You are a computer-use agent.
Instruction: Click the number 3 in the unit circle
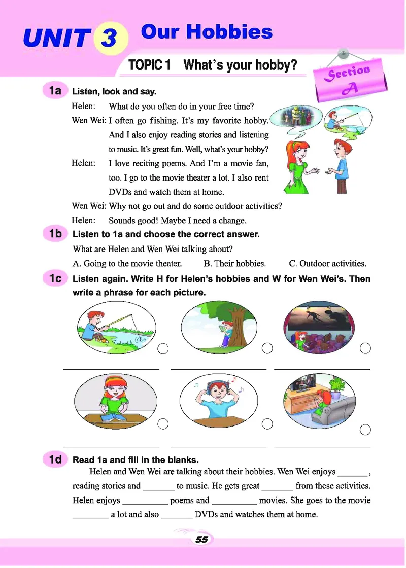(x=109, y=38)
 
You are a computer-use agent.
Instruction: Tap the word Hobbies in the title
(x=229, y=32)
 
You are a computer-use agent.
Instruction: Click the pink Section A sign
(x=350, y=80)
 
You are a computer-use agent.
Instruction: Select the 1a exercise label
(x=55, y=90)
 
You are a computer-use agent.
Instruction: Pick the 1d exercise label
(x=55, y=459)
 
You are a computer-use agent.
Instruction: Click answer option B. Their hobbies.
(x=235, y=263)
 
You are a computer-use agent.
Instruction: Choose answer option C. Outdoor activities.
(x=328, y=263)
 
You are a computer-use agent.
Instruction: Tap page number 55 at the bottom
(x=201, y=539)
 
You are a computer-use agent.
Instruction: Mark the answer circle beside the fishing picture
(x=163, y=348)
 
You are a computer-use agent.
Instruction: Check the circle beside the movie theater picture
(x=365, y=348)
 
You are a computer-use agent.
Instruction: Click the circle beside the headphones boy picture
(x=267, y=423)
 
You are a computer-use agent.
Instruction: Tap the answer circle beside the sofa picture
(x=365, y=430)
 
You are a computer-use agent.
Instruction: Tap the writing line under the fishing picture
(x=111, y=370)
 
